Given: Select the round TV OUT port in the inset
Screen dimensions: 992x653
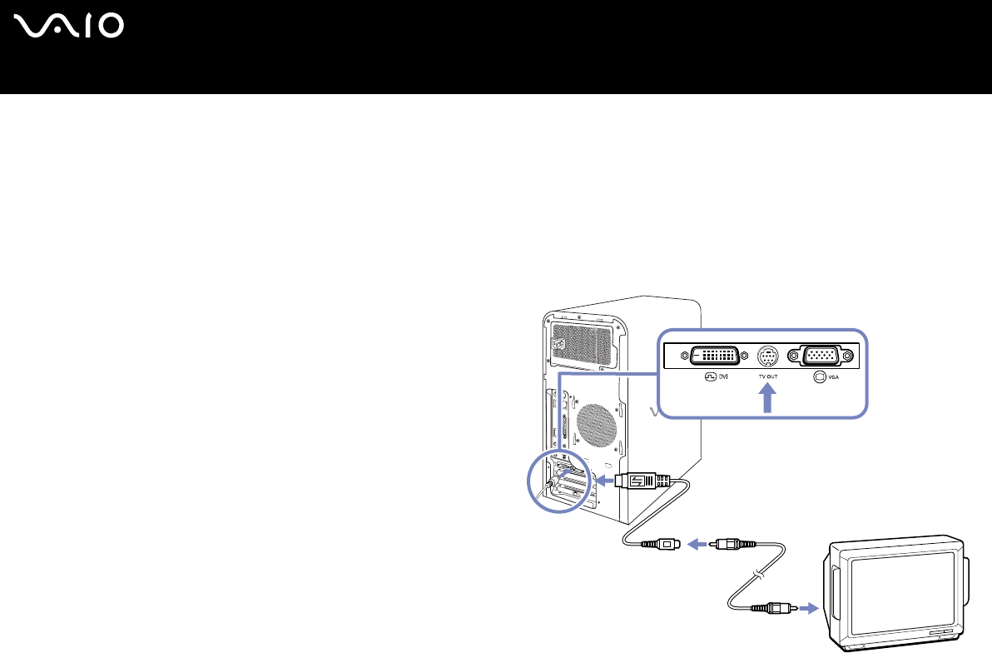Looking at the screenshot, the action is pos(767,356).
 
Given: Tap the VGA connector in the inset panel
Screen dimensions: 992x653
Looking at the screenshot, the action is pos(823,356).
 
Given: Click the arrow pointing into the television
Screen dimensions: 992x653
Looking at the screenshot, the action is pos(807,608).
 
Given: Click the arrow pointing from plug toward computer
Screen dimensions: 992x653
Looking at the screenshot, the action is pos(602,481).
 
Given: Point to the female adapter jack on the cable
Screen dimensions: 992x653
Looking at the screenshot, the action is pos(657,546).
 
